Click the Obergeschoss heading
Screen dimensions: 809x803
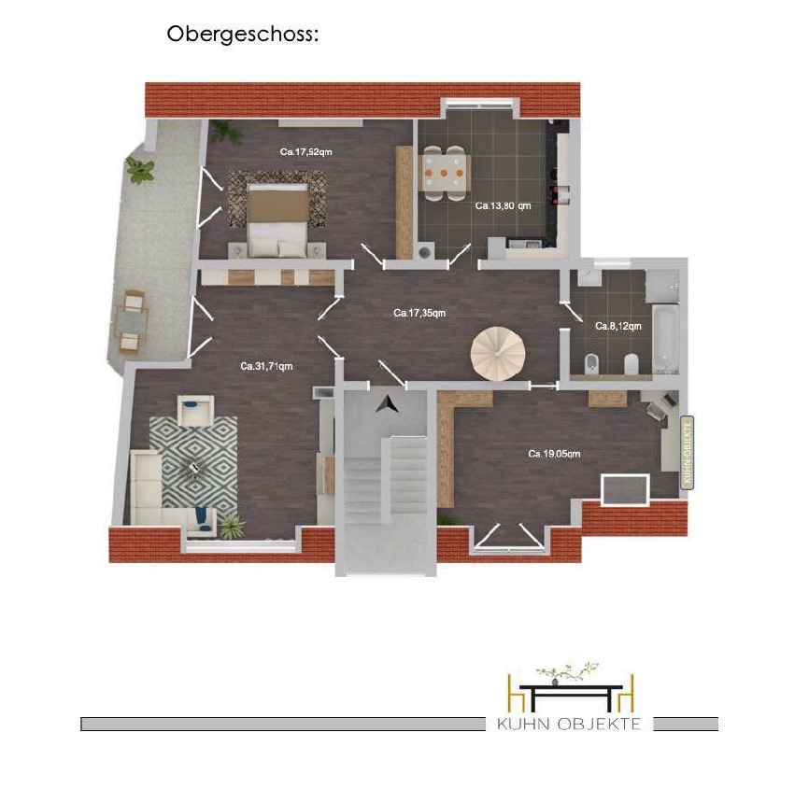click(x=243, y=35)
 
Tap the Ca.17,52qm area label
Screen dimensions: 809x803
click(x=306, y=151)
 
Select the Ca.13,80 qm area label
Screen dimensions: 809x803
click(x=503, y=205)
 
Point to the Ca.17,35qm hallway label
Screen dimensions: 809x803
click(x=419, y=313)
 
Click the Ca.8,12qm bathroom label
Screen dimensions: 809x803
click(x=618, y=326)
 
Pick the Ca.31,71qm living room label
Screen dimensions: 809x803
click(x=266, y=366)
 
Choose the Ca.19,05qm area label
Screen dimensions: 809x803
click(x=554, y=454)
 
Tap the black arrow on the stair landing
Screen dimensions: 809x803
click(x=387, y=403)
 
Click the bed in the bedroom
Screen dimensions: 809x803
click(x=277, y=220)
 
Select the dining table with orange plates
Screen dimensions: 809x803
click(x=444, y=173)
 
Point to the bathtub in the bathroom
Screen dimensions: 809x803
click(x=665, y=338)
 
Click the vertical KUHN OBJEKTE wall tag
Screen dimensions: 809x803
click(x=688, y=452)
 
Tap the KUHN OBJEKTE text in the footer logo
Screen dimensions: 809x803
click(x=569, y=724)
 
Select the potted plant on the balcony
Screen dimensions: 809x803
click(x=140, y=170)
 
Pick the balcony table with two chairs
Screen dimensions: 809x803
click(x=131, y=321)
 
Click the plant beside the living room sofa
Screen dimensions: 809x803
click(x=230, y=527)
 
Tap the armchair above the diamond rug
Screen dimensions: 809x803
click(x=195, y=410)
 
